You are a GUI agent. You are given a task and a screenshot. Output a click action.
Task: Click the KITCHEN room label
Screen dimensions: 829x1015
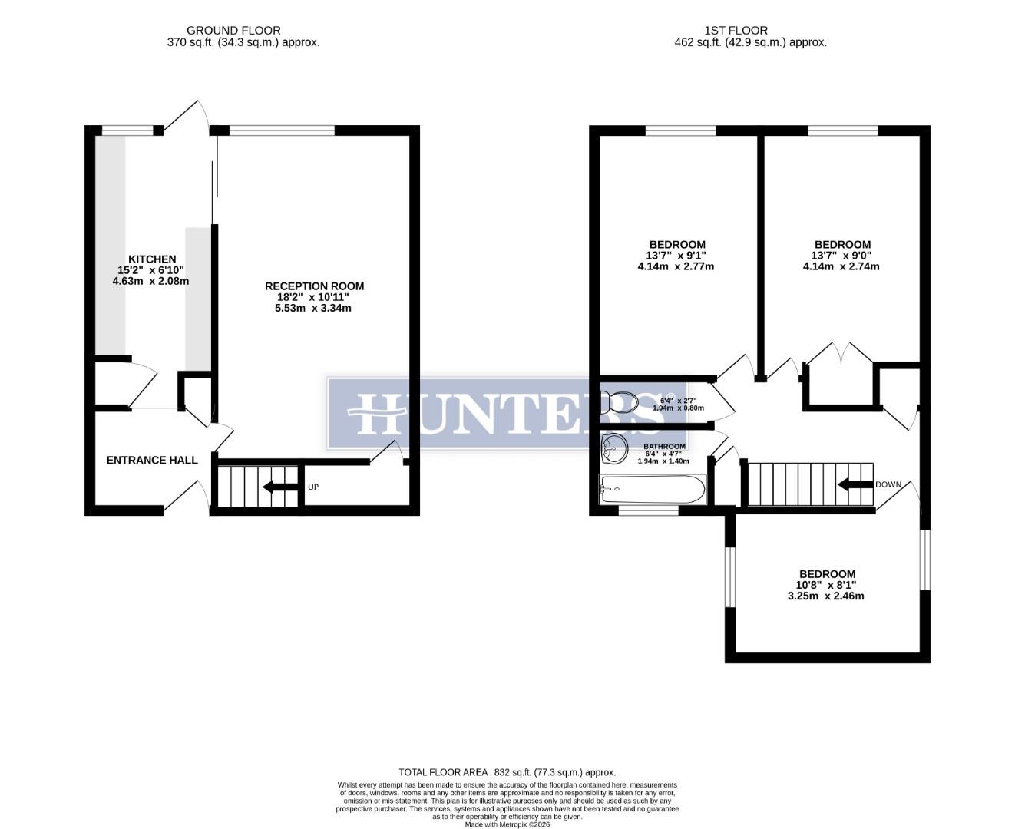tap(151, 259)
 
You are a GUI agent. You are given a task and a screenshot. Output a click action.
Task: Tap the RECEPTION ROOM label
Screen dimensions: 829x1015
tap(314, 286)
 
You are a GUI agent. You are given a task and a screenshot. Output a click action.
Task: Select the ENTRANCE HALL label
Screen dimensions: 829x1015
tap(151, 461)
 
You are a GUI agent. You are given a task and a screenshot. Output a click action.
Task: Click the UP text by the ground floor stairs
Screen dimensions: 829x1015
tap(313, 487)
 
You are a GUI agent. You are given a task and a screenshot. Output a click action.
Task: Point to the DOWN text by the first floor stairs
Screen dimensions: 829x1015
tap(888, 484)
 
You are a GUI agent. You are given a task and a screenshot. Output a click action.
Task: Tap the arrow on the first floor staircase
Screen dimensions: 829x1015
tap(855, 484)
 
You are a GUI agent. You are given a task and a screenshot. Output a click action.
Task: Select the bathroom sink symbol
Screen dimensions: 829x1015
tap(613, 448)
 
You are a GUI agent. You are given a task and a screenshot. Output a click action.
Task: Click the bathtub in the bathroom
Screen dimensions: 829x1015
tap(652, 488)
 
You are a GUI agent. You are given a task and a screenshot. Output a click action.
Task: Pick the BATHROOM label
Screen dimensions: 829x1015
tap(664, 447)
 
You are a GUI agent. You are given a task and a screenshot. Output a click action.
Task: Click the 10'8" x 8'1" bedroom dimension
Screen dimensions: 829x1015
tap(827, 585)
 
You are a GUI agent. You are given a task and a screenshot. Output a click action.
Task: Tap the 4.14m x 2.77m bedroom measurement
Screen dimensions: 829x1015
tap(676, 267)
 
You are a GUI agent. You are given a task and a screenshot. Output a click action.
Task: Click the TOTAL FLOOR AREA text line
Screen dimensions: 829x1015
tap(507, 772)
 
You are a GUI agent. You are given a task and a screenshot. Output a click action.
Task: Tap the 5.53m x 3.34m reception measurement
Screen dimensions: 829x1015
tap(314, 309)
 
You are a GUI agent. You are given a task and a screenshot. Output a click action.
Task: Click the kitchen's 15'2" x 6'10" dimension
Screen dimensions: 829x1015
tap(151, 270)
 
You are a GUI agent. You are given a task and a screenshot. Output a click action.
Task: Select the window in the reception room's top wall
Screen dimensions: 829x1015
tap(282, 130)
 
